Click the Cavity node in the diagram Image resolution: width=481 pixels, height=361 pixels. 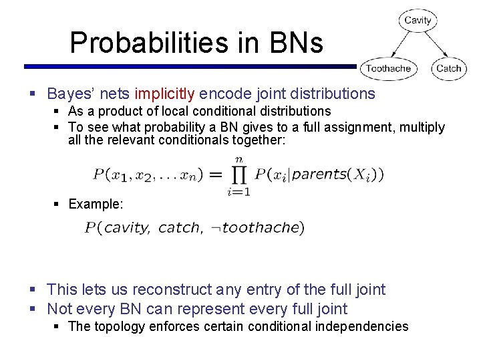coord(418,20)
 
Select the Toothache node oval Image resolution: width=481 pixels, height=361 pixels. coord(388,68)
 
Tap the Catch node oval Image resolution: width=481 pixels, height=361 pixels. coord(448,68)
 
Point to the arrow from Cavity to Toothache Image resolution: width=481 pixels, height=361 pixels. coord(402,44)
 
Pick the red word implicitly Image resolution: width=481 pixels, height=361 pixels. coord(164,94)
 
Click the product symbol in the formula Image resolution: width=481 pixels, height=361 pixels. coord(239,175)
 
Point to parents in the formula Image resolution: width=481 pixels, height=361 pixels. coord(315,175)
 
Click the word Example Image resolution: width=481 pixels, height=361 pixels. coord(96,204)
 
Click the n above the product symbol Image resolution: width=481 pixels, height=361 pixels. coord(238,159)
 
